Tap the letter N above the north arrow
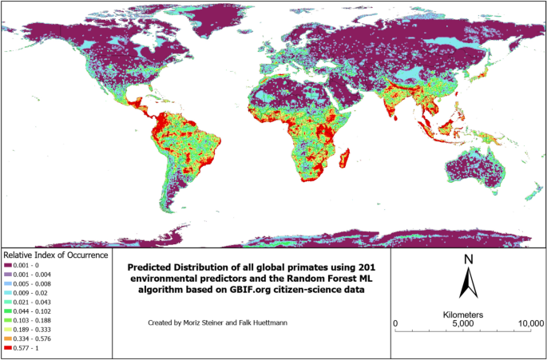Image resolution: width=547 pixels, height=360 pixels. coord(470,259)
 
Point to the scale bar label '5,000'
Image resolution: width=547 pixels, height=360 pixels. coord(463,323)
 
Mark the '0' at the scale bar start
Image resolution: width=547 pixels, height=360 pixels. coord(397,323)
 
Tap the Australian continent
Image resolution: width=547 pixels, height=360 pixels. coord(477,171)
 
